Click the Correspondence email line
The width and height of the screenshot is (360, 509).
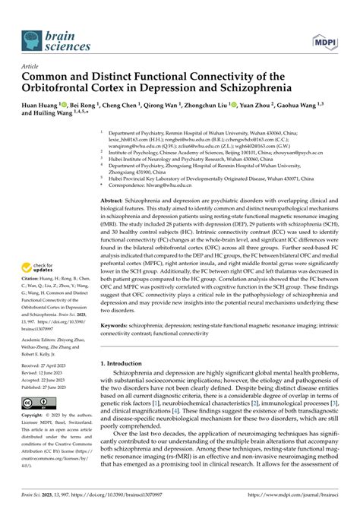pyautogui.click(x=175, y=182)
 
